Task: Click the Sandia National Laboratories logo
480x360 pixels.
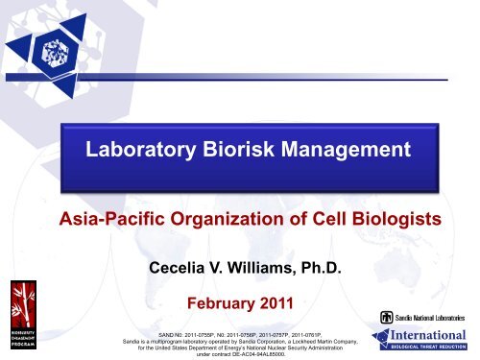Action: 421,317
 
